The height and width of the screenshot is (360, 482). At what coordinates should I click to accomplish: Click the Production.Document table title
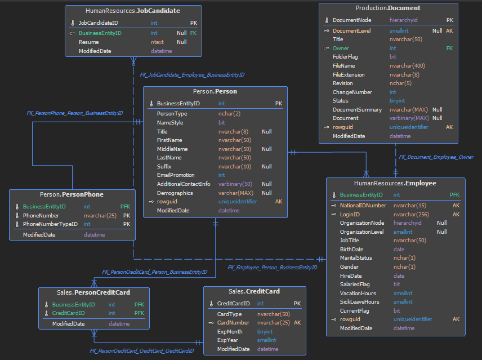[388, 8]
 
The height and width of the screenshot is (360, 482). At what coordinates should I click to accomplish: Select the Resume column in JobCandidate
[88, 42]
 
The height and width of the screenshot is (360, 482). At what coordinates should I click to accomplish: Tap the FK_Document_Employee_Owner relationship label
[436, 157]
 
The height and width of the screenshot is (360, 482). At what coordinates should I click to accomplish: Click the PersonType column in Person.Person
[172, 114]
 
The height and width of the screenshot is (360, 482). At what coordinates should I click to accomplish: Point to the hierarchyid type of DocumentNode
[403, 20]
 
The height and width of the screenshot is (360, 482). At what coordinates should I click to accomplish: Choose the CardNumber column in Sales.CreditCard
[233, 323]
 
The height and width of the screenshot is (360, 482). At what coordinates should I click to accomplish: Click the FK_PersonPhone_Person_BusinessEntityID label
[75, 113]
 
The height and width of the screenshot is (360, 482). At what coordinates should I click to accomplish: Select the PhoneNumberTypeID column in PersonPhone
[50, 224]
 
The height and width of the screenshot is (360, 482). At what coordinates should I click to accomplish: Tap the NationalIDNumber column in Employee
[363, 206]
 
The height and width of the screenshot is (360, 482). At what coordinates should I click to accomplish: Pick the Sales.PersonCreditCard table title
[93, 292]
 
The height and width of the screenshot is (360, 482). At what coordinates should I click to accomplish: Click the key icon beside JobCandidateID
[73, 23]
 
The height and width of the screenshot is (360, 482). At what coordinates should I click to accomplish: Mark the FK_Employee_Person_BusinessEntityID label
[272, 268]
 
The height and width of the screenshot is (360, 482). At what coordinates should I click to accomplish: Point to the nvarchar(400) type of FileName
[407, 66]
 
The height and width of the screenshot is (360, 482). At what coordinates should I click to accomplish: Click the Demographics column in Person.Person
[175, 193]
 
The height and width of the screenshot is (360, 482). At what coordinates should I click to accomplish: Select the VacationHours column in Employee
[358, 294]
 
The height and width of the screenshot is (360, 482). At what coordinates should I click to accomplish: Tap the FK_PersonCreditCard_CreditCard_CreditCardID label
[142, 351]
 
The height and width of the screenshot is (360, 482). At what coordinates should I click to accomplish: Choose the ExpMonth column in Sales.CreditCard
[230, 332]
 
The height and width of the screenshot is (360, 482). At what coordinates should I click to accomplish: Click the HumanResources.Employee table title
[395, 183]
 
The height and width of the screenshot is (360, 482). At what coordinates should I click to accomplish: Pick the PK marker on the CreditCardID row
[297, 304]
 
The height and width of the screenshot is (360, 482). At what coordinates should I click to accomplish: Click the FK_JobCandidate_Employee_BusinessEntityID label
[192, 75]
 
